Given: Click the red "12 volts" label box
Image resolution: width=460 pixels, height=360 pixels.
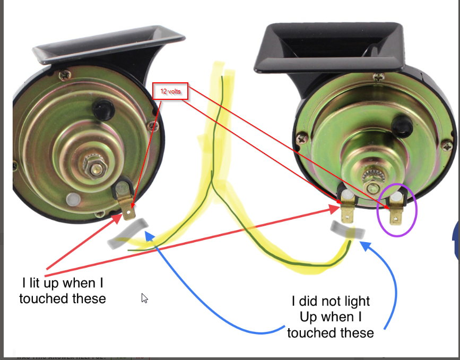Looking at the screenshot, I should (170, 91).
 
